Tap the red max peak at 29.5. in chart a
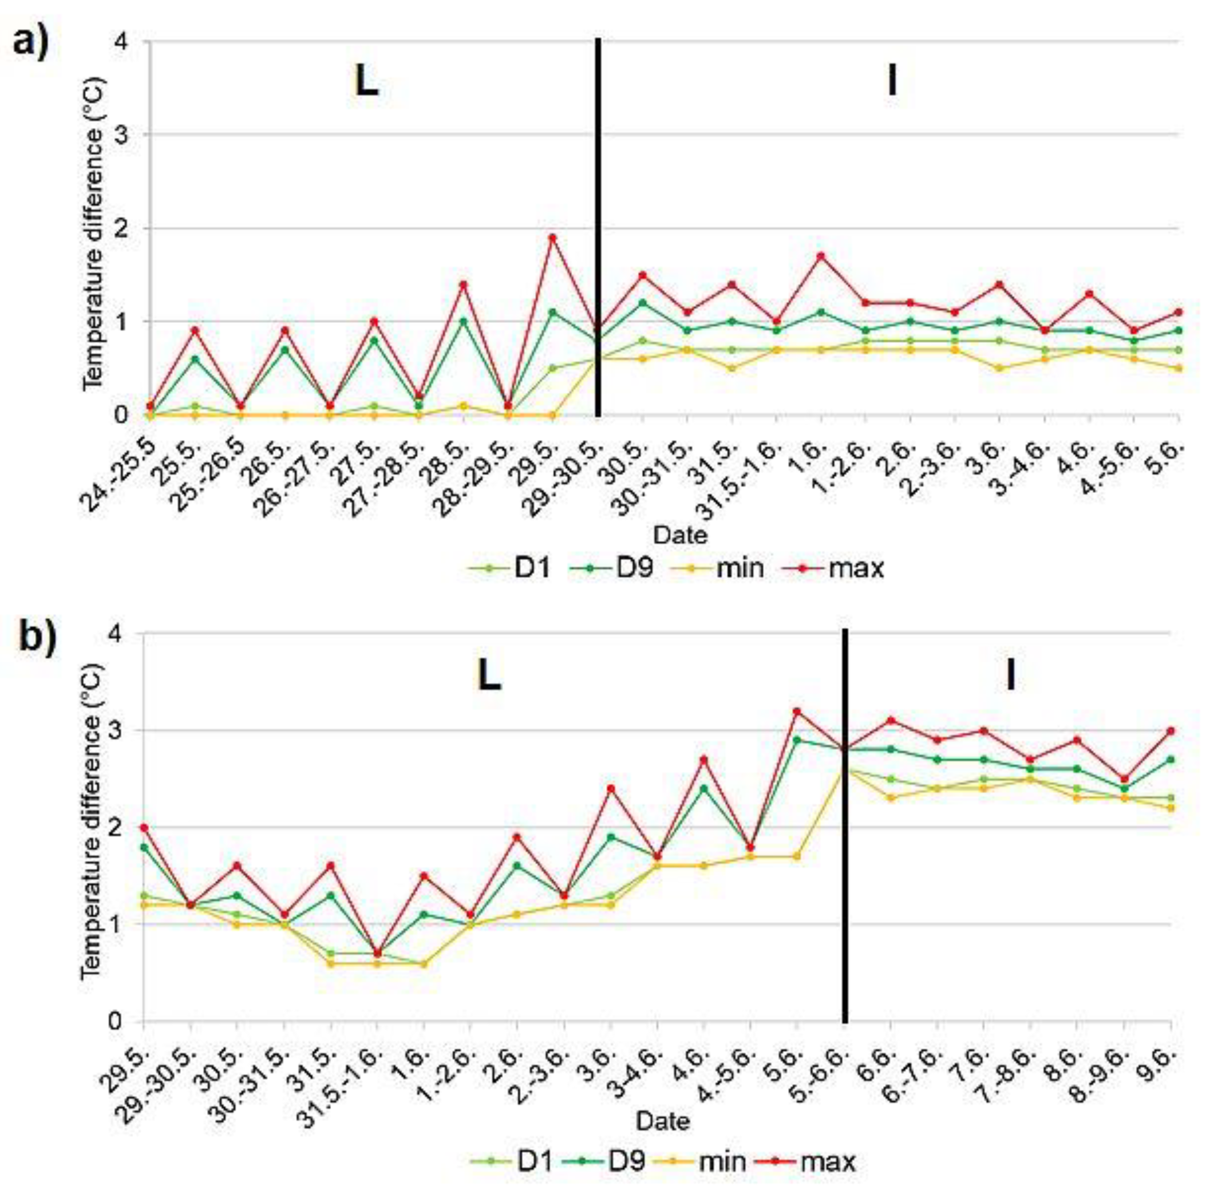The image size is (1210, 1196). pyautogui.click(x=552, y=238)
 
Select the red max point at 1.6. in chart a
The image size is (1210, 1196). pyautogui.click(x=820, y=255)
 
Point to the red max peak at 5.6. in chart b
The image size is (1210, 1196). pyautogui.click(x=796, y=711)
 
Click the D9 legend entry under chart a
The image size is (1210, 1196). pyautogui.click(x=611, y=568)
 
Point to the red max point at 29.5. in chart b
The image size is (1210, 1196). pyautogui.click(x=144, y=827)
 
